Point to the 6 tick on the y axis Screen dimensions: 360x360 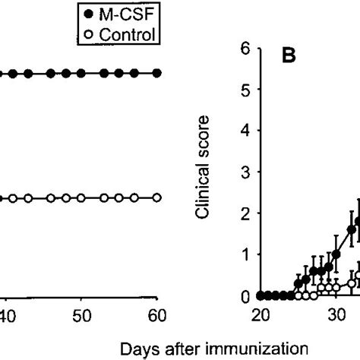tap(245, 48)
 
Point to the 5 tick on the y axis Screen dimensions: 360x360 tap(245, 90)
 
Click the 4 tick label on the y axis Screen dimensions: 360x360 tap(245, 131)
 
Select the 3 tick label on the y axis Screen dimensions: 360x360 tap(245, 173)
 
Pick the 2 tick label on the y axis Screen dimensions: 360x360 tap(245, 215)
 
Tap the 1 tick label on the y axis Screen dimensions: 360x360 tap(245, 257)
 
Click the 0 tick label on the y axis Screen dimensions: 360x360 tap(245, 297)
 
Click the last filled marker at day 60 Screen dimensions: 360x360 tap(157, 73)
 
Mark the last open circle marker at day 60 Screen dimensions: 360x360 tap(157, 197)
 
